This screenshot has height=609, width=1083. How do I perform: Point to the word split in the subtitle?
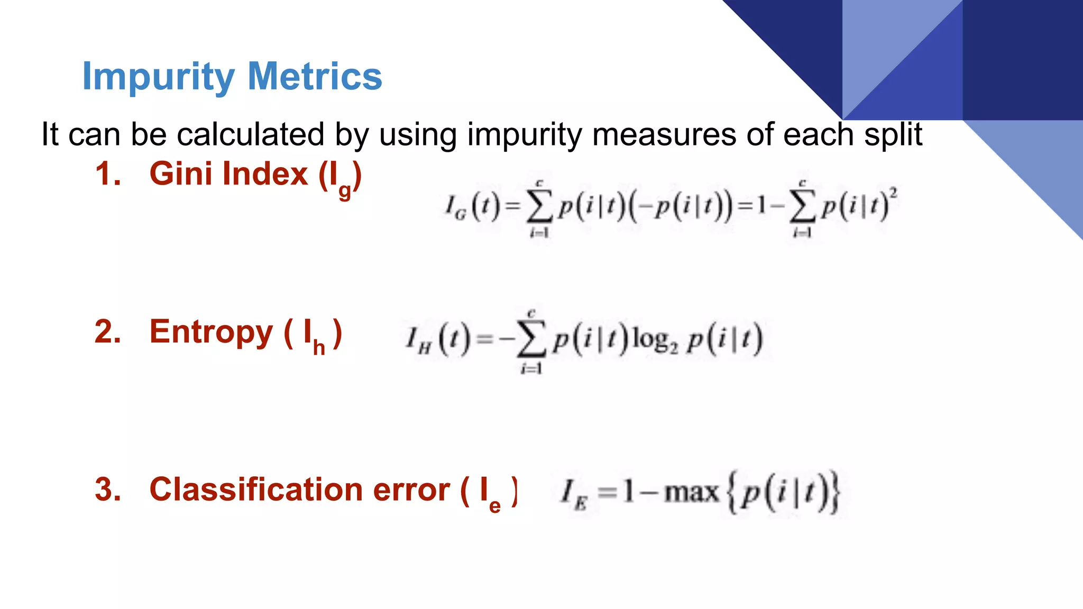click(x=893, y=135)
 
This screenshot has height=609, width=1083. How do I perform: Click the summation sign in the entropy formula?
click(x=531, y=341)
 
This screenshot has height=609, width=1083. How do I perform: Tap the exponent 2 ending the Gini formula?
click(x=893, y=192)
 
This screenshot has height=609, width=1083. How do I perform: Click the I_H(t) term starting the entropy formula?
click(x=437, y=340)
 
